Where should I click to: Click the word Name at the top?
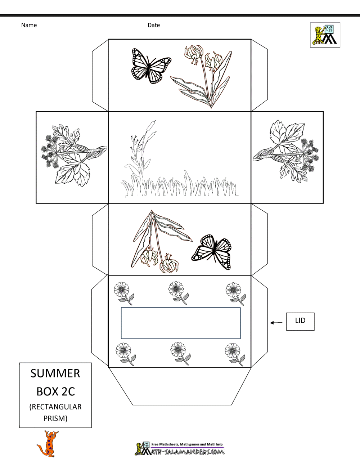click(29, 25)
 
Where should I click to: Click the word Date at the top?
click(154, 25)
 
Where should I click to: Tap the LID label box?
click(300, 322)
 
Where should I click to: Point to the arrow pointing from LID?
click(276, 323)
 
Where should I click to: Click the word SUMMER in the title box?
click(55, 373)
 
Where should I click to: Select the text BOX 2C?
click(56, 391)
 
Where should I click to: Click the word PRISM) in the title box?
click(55, 418)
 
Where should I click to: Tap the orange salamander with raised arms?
click(48, 444)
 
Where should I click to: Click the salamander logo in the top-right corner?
click(325, 35)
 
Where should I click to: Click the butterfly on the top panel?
click(151, 66)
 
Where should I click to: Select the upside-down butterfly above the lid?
click(211, 252)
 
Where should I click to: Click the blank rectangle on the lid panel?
click(181, 323)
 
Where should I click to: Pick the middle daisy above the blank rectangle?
click(179, 293)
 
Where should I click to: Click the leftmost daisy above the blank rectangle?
click(124, 293)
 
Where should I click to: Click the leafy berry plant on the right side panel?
click(286, 151)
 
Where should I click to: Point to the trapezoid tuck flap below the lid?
click(180, 386)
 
